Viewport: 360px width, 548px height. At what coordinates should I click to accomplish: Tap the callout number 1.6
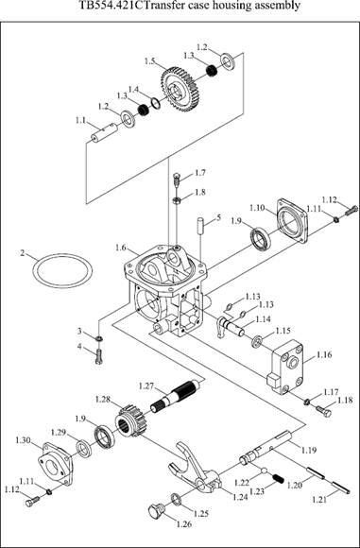121,248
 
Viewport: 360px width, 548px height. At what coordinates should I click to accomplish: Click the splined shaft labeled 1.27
176,394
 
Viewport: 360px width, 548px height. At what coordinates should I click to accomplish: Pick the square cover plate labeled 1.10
293,221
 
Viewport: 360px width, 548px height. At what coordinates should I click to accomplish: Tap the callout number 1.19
309,450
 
